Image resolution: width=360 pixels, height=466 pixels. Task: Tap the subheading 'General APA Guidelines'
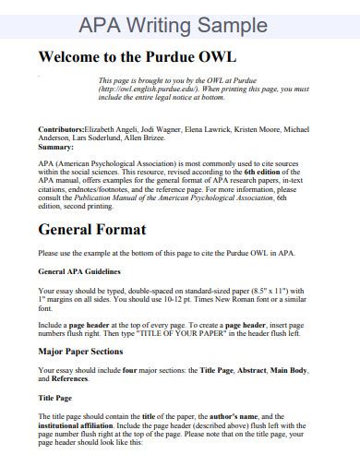(78, 274)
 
